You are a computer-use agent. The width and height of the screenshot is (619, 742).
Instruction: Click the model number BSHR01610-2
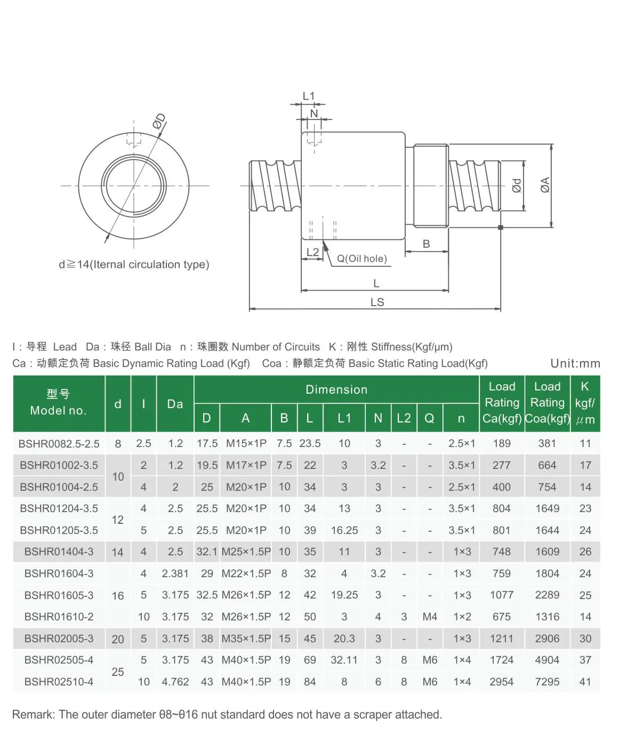point(59,617)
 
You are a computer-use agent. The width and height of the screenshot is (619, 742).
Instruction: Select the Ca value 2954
point(501,682)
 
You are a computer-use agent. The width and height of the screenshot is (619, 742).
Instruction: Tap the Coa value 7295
point(547,682)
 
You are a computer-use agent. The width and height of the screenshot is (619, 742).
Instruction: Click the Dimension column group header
point(336,389)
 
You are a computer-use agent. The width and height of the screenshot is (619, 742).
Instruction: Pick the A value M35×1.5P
point(246,639)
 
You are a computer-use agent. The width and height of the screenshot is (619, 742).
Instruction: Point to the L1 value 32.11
point(344,660)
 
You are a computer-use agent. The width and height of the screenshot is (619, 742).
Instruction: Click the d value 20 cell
point(118,639)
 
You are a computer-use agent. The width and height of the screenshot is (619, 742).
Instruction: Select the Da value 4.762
point(175,682)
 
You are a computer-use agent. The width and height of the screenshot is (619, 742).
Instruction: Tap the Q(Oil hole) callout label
point(361,259)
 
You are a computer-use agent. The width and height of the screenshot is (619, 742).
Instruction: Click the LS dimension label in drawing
point(377,302)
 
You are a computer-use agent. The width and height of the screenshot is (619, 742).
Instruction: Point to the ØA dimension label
point(545,185)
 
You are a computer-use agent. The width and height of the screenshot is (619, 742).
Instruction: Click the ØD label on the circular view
point(159,122)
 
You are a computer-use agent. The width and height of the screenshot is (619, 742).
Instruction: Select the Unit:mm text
point(575,363)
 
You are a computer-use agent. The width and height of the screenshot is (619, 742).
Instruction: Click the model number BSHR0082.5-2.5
point(59,444)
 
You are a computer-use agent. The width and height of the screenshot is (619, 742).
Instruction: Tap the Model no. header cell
point(59,403)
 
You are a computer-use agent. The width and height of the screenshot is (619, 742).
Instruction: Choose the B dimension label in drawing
point(426,244)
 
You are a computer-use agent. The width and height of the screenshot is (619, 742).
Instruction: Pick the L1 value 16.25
point(344,530)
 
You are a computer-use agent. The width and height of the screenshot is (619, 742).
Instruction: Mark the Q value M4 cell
point(429,617)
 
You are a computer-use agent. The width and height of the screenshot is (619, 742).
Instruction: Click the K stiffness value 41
point(585,682)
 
